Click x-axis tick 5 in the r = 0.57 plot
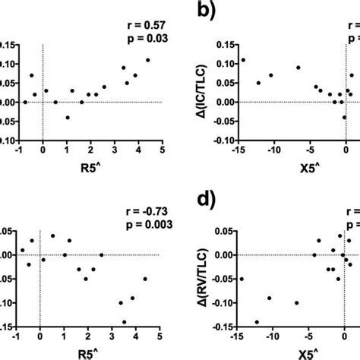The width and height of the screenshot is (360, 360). coord(163,150)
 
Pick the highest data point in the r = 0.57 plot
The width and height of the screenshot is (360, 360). coord(148,60)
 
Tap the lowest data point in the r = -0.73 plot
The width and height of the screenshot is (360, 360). coord(125,321)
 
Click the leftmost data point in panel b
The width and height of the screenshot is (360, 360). coord(243,60)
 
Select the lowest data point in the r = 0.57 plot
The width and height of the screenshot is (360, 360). coord(68,118)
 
